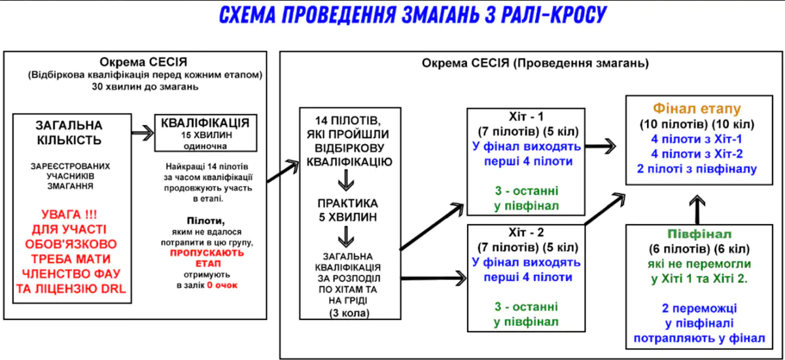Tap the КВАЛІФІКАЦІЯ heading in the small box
(x=205, y=123)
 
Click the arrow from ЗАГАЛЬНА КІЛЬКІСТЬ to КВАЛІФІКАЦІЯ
(x=143, y=133)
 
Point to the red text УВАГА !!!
(x=69, y=214)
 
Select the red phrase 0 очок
(x=222, y=285)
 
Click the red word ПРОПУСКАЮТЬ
(x=207, y=253)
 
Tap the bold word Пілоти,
(x=206, y=221)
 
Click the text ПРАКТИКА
(x=347, y=204)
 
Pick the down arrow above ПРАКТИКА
(x=346, y=180)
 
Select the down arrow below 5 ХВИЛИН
(x=346, y=236)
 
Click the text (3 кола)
(x=349, y=313)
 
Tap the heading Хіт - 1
(x=526, y=117)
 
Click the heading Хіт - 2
(x=526, y=232)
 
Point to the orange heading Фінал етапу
(x=697, y=109)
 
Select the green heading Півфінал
(x=699, y=234)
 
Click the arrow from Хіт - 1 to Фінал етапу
(x=601, y=146)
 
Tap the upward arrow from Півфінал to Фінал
(x=697, y=209)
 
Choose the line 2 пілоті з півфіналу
(x=697, y=169)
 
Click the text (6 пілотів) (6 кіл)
(x=699, y=249)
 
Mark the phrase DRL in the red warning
(x=113, y=289)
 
